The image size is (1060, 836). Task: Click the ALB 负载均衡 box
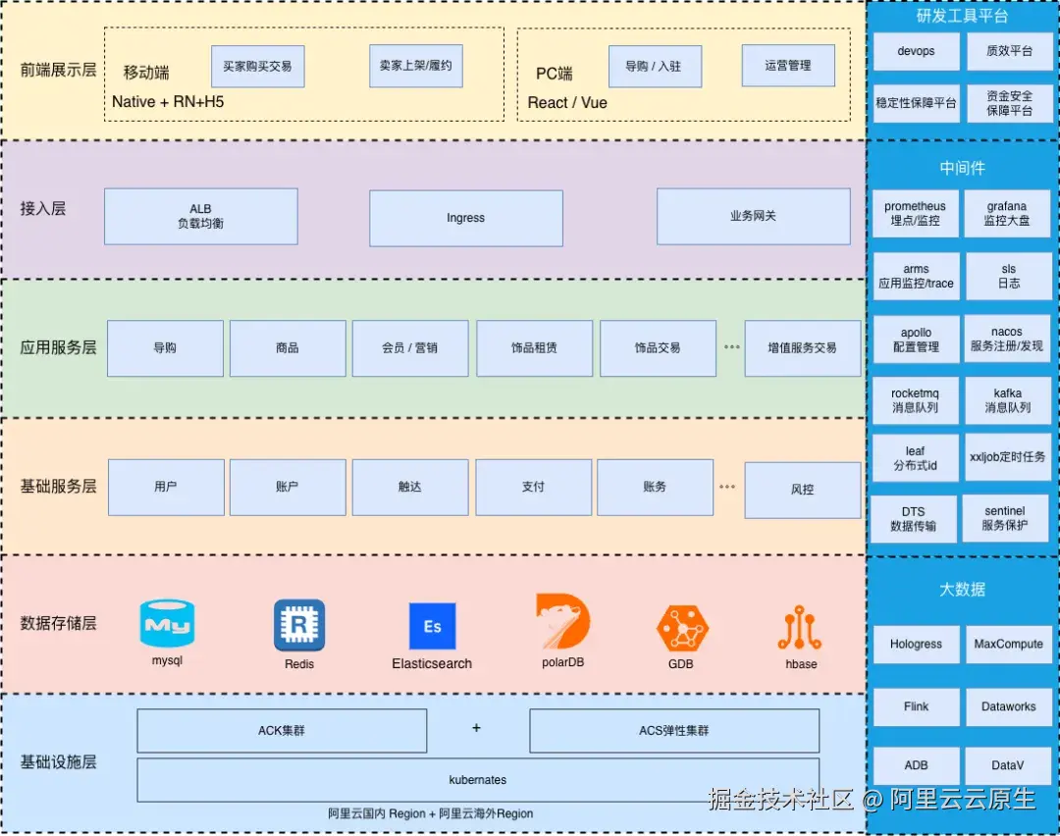(201, 216)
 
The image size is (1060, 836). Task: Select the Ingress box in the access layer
(466, 218)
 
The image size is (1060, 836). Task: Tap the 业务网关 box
(753, 216)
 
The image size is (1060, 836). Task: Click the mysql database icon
(167, 623)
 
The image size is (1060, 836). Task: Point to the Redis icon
(298, 625)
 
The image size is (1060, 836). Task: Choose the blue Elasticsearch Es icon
(432, 626)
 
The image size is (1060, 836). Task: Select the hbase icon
(800, 627)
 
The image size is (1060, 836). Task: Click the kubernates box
(478, 780)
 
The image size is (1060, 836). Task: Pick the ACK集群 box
(282, 731)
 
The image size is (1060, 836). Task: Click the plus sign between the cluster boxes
(477, 728)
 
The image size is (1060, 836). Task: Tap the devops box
(916, 51)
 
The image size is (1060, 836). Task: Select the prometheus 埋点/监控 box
(916, 214)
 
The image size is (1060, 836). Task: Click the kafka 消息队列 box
(1008, 400)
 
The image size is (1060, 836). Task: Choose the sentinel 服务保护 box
(1005, 518)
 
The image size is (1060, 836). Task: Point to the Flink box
(916, 706)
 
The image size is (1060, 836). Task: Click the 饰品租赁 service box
(534, 348)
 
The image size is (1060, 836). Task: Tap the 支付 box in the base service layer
(533, 487)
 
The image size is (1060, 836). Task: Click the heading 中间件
(962, 168)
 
